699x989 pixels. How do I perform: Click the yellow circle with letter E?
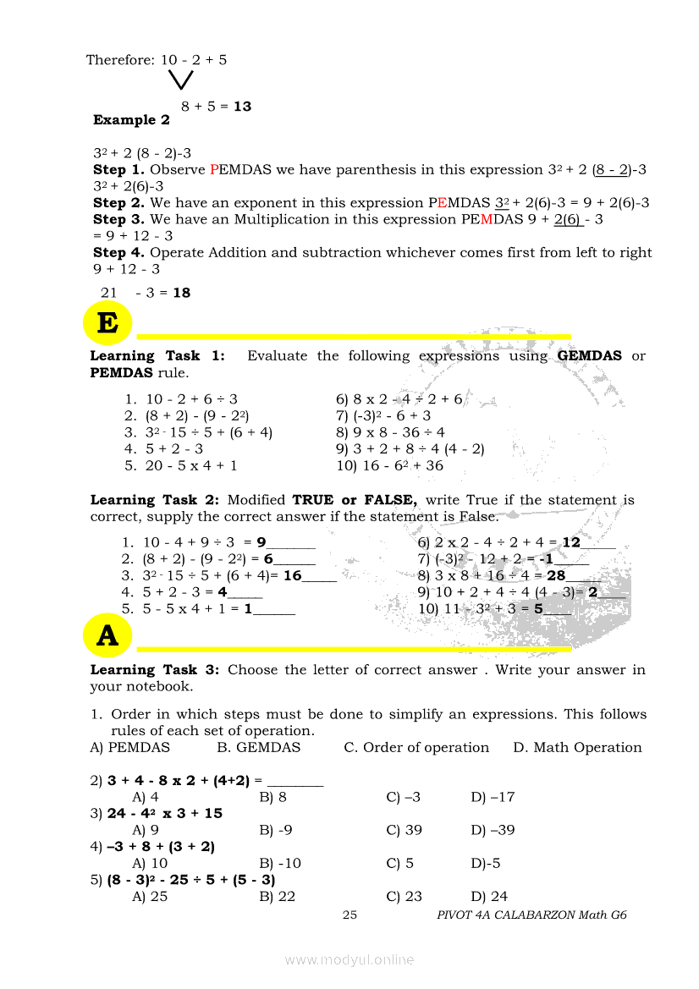(x=107, y=323)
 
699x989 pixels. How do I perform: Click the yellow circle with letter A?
(x=107, y=635)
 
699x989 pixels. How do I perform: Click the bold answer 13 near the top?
(x=242, y=107)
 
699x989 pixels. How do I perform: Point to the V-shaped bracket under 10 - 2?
(x=180, y=80)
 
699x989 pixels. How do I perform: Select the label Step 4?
(x=119, y=252)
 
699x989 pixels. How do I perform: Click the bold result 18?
(x=181, y=293)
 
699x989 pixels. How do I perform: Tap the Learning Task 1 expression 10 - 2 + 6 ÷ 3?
(x=191, y=398)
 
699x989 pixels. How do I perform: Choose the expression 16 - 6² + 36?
(x=389, y=465)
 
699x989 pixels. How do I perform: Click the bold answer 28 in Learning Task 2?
(x=556, y=575)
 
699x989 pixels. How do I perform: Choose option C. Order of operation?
(x=416, y=748)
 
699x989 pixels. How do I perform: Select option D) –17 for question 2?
(x=493, y=797)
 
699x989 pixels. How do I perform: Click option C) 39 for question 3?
(x=404, y=830)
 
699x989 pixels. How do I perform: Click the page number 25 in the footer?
(x=349, y=915)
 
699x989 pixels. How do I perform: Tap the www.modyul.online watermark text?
(x=349, y=959)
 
